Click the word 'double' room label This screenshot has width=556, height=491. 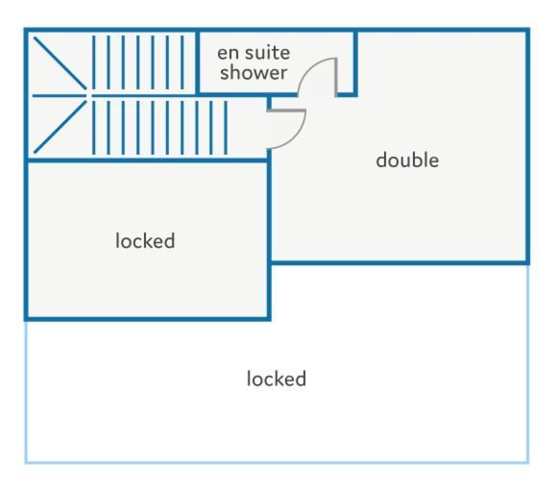point(407,160)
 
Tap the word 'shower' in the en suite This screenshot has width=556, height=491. point(254,73)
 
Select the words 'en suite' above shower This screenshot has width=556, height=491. point(254,53)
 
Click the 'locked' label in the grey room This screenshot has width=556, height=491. point(145,241)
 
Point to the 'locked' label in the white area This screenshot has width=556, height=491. point(277,379)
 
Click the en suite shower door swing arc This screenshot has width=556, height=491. point(309,68)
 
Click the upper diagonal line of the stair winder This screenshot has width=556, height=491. point(60,63)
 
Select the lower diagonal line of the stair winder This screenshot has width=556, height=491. point(60,127)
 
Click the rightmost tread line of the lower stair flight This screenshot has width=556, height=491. point(226,128)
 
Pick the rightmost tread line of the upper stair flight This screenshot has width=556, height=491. point(182,62)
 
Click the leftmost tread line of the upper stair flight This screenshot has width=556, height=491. point(94,62)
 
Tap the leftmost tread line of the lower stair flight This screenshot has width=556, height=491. point(94,128)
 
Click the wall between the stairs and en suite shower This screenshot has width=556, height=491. point(198,62)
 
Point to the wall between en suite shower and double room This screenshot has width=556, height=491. point(355,63)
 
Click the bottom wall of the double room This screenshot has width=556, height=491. point(399,263)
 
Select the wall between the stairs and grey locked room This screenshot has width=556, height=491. point(147,160)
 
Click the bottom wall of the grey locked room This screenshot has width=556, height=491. point(148,319)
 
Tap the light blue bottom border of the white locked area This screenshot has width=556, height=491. point(277,462)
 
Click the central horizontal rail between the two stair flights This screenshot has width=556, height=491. point(142,95)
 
